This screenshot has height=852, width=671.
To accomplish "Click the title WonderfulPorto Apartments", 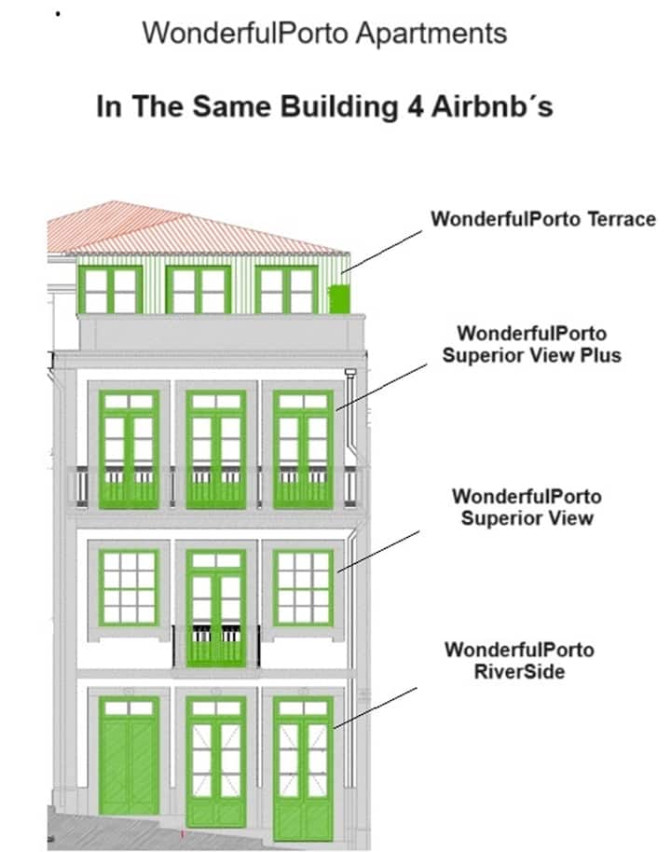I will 324,34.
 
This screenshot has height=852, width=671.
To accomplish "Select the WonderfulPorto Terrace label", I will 542,220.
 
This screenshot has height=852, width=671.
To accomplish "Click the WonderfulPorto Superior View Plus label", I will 531,344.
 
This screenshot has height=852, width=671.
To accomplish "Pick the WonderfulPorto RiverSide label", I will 519,660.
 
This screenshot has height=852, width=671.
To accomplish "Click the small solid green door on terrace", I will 339,299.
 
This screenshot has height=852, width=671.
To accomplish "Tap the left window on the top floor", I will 110,290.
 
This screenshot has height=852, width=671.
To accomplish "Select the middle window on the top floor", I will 198,290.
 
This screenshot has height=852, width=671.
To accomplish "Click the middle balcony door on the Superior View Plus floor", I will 215,449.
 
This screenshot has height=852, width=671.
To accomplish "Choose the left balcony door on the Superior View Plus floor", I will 129,449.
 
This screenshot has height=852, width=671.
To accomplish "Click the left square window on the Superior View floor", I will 129,586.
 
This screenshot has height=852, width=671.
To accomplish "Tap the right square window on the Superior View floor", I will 303,586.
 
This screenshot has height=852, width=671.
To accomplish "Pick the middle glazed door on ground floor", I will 215,760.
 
